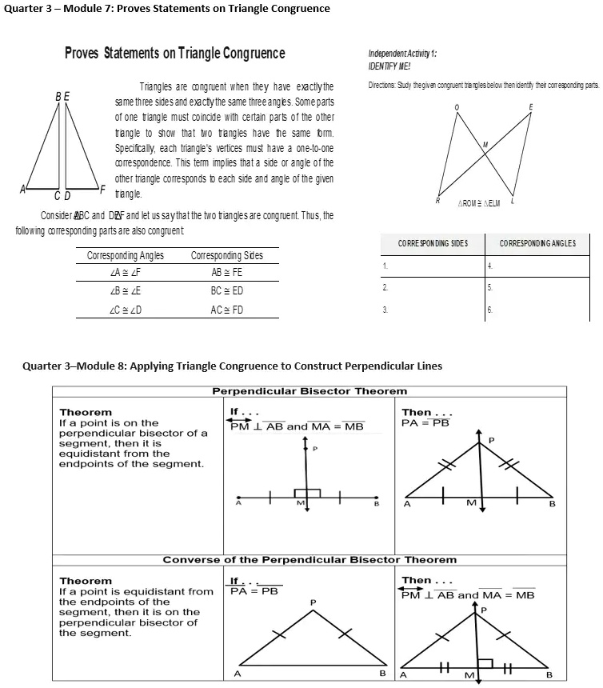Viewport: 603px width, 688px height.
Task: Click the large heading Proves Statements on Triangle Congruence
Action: (174, 54)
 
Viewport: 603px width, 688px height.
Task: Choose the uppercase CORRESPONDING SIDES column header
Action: (433, 242)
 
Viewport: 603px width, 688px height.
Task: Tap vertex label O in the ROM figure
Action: (457, 107)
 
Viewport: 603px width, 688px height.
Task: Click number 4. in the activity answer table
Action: (489, 266)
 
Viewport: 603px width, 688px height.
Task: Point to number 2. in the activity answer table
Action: (385, 286)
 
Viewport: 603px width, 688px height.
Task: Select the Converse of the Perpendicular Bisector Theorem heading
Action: (309, 559)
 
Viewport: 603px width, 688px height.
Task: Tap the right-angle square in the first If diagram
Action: (308, 494)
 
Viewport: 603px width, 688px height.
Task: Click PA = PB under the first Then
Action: (425, 422)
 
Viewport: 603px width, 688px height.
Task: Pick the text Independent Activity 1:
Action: (401, 54)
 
